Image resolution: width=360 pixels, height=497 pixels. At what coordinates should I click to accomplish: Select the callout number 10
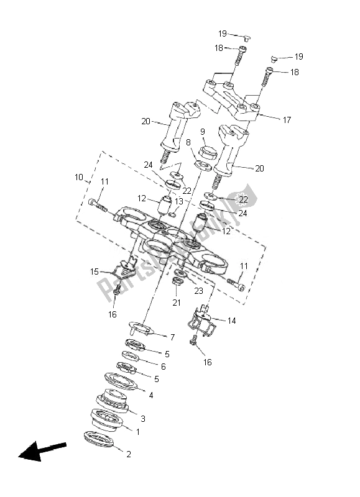pyautogui.click(x=79, y=178)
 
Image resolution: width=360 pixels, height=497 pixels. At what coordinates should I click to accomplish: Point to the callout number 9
pyautogui.click(x=202, y=132)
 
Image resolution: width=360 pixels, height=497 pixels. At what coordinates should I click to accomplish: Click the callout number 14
pyautogui.click(x=231, y=321)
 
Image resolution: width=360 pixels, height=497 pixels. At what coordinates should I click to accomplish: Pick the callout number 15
pyautogui.click(x=95, y=271)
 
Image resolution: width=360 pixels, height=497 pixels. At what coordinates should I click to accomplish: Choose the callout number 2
pyautogui.click(x=129, y=454)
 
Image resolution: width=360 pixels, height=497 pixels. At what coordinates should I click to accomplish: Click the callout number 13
pyautogui.click(x=179, y=201)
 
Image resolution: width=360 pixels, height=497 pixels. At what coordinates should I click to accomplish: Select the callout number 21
pyautogui.click(x=176, y=303)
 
